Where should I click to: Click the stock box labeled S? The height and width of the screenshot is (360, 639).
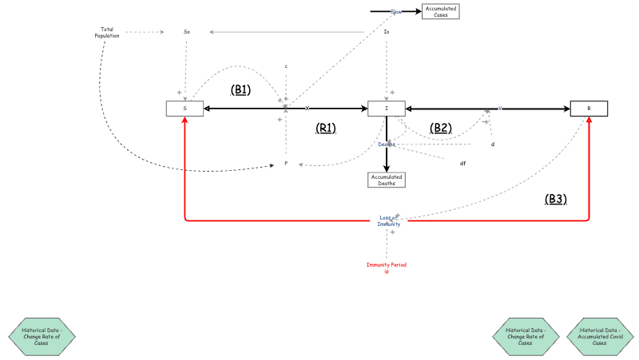coord(185,109)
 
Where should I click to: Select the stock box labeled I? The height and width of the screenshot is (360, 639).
coord(387,109)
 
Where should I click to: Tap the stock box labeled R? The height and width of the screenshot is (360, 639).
coord(589,109)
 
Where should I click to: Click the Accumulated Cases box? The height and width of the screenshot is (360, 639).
coord(441,11)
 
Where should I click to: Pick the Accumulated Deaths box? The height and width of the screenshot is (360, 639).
coord(387,180)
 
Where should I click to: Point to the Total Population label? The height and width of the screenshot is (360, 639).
coord(106,33)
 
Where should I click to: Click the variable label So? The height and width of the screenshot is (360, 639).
coord(187,32)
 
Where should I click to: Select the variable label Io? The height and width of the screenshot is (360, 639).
coord(387,32)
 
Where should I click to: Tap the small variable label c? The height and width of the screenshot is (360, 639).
coord(286,66)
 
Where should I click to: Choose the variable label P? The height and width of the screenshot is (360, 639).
coord(286,164)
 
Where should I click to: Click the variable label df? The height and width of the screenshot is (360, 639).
coord(462,164)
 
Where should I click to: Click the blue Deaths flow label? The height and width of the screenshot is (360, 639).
coord(387,144)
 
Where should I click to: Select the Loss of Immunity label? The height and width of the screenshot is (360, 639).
coord(389,221)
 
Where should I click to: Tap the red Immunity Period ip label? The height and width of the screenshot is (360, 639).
coord(387,267)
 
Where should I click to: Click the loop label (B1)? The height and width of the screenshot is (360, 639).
coord(240,90)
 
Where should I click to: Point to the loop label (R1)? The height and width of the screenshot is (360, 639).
coord(326,128)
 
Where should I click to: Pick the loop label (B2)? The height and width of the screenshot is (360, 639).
coord(440,128)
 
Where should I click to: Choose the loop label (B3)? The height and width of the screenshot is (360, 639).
coord(556,200)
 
